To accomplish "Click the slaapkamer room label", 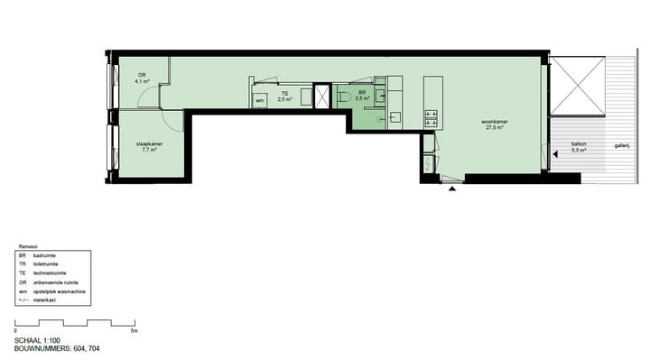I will pos(149,144).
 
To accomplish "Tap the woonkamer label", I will pos(494,121).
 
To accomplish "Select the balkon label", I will pos(578,143).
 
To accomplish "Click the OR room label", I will pos(142,75).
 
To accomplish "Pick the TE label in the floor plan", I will pos(284,93).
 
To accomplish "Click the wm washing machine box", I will pos(259,99).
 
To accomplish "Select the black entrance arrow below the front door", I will pos(453,188).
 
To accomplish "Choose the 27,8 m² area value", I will pos(494,127).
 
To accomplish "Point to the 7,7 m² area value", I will pos(149,151).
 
